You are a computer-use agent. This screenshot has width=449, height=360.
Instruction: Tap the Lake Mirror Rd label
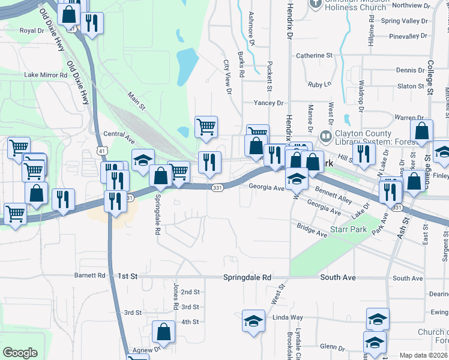pos(46,75)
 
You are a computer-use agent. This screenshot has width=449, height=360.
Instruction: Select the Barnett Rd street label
pos(89,276)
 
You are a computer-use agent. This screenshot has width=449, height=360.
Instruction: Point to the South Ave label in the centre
pos(338,278)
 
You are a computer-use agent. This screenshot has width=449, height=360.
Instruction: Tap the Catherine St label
pos(314,55)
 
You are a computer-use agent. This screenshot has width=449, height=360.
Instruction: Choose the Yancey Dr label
pos(268,103)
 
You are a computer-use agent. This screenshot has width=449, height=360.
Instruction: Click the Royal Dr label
pos(32,30)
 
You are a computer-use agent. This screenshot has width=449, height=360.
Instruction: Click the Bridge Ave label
pos(312,227)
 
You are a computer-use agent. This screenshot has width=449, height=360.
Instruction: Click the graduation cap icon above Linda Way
pos(253,320)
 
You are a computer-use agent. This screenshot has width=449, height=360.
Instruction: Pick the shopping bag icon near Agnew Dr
pos(163,331)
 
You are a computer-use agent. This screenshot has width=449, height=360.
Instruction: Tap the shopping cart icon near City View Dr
pos(206,127)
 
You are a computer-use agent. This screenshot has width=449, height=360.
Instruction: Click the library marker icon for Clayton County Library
pos(326,137)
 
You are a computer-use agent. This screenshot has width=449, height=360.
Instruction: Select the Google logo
pos(20,353)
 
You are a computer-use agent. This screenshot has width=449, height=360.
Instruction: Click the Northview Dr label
pos(411,5)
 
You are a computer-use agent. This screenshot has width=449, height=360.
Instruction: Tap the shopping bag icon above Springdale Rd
pos(160,175)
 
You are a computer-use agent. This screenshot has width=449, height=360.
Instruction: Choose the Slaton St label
pos(411,86)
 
